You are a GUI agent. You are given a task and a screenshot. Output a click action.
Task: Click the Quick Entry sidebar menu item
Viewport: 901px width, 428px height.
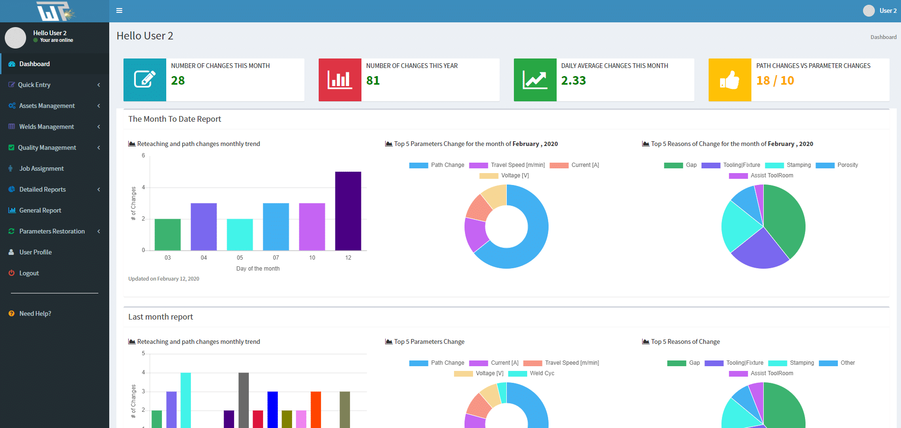34,85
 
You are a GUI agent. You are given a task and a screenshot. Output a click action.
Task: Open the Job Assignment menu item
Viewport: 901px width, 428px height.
41,168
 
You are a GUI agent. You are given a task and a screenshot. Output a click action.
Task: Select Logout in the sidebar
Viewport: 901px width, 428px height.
29,273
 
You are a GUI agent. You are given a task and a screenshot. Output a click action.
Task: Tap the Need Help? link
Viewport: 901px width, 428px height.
35,313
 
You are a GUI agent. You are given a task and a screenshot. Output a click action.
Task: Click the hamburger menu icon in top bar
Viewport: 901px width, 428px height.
119,10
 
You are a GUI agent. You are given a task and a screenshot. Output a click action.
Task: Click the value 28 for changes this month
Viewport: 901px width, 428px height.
178,81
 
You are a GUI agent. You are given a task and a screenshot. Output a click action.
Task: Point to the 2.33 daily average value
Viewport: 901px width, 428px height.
573,81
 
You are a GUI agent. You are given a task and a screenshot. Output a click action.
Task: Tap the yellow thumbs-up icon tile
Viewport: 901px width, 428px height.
730,80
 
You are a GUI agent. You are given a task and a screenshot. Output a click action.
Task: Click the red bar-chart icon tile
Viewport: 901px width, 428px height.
340,80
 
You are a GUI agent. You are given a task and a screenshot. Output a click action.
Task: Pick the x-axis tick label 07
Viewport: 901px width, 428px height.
276,258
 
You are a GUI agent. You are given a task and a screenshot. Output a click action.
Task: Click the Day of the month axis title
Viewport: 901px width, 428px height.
258,269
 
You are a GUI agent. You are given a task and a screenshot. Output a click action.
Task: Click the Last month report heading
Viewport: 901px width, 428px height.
161,317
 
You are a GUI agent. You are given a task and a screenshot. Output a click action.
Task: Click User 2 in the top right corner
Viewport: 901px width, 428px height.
887,10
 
